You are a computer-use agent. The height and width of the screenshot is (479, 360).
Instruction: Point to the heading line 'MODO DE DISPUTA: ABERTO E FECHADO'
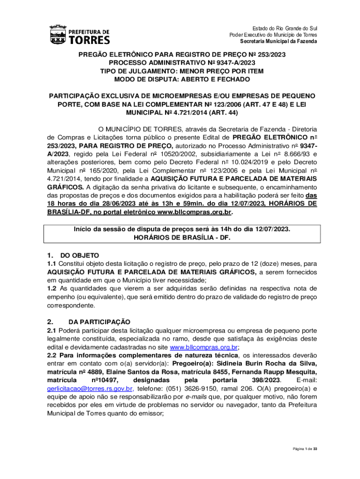[x=182, y=80]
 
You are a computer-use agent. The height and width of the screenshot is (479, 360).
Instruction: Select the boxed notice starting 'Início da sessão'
[x=182, y=233]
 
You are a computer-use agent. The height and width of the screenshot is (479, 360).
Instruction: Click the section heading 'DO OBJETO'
[x=80, y=255]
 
